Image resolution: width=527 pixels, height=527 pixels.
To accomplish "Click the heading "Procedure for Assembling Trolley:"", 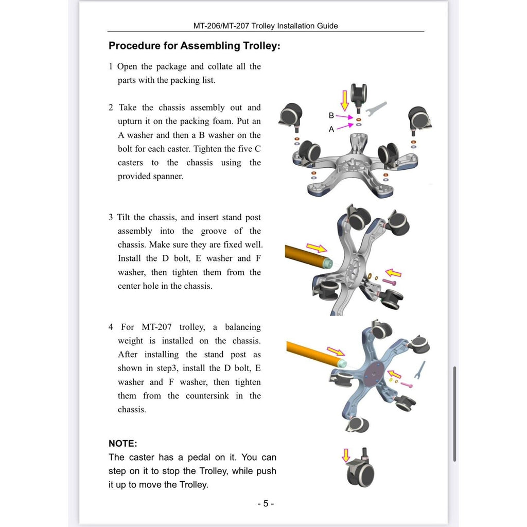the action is click(x=194, y=46).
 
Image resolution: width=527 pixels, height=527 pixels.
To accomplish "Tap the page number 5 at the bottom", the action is click(x=266, y=503).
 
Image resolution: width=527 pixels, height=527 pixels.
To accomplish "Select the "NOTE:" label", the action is click(x=122, y=444).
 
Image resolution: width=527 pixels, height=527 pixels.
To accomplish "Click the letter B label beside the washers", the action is click(x=331, y=116).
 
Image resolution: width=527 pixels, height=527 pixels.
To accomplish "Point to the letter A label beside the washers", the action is click(x=331, y=129).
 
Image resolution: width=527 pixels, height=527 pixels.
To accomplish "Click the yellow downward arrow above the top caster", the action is click(x=344, y=100).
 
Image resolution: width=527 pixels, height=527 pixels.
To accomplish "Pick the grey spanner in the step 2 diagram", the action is click(x=375, y=109).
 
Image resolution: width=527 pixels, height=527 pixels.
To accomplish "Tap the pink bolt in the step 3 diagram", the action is click(x=390, y=282).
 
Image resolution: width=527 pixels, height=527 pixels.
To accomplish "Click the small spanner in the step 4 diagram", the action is click(x=420, y=370).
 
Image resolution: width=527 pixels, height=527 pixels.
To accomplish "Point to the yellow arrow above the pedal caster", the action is click(x=346, y=455).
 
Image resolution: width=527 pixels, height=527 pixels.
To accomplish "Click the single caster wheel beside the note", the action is click(x=360, y=468).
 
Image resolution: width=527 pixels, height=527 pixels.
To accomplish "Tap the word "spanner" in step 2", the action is click(x=168, y=177).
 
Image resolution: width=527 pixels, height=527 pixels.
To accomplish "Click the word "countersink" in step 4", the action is click(x=207, y=396).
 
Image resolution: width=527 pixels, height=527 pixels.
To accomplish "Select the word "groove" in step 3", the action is click(x=214, y=231).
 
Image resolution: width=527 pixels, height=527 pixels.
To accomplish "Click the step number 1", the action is click(x=111, y=66).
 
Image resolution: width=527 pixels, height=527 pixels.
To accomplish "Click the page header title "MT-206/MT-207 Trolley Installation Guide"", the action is click(x=266, y=26).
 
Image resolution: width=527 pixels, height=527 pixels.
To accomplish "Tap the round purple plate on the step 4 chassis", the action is click(x=373, y=374).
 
